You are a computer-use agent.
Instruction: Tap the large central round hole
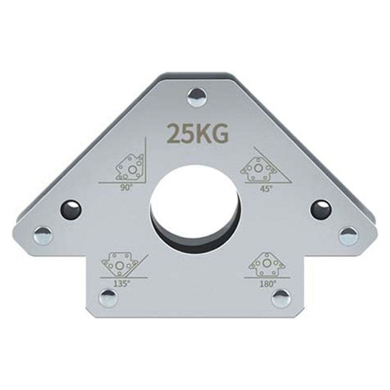195,210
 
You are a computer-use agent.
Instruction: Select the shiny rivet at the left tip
43,234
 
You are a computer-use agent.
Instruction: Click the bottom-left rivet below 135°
108,298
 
